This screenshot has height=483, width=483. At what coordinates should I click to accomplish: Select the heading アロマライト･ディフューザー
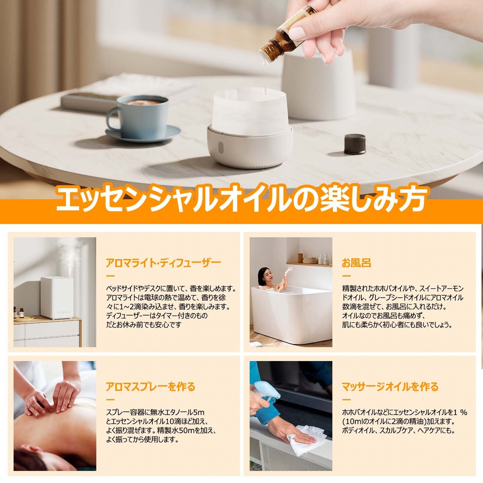coord(163,263)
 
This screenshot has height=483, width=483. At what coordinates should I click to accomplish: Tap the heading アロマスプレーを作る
coord(150,387)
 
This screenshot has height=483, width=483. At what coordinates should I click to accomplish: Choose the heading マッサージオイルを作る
coord(390,387)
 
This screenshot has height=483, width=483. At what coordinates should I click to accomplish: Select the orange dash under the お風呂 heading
coord(346,276)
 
